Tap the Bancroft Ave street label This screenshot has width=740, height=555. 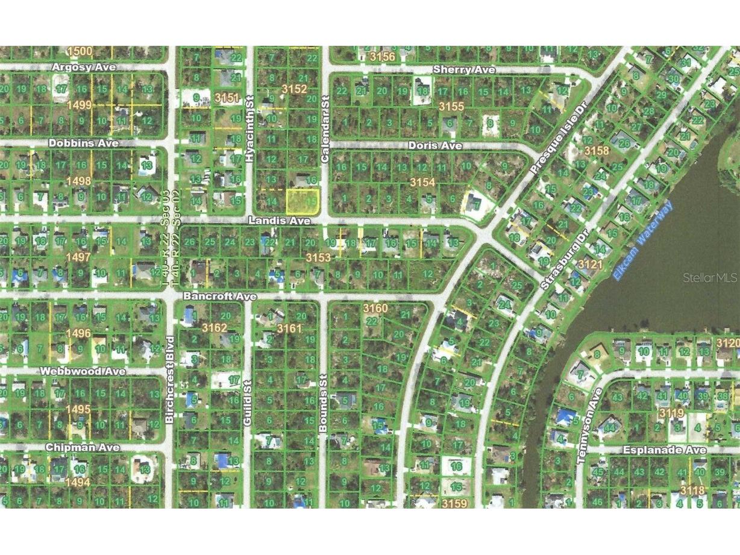220,296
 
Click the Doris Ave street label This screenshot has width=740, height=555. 434,146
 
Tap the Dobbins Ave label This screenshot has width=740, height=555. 84,143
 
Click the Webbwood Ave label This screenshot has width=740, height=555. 84,371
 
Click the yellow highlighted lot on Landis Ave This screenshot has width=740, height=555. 301,201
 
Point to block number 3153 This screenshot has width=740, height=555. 318,257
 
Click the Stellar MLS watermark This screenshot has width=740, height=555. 709,278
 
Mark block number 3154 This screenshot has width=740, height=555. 422,181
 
